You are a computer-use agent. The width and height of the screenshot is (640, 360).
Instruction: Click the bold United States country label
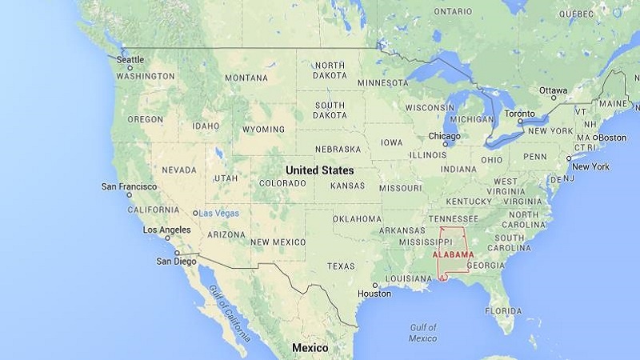pos(319,170)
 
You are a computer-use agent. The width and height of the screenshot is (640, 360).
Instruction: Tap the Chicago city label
pos(444,136)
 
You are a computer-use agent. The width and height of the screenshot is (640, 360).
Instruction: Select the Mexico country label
pos(310,348)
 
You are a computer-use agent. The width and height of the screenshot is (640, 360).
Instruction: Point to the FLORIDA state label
pos(503,310)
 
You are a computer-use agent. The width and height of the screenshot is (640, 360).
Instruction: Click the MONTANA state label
pos(246,78)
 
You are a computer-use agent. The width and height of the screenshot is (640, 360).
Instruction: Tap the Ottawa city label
pos(554,90)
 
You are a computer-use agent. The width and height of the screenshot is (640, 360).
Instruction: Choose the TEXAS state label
pos(341,266)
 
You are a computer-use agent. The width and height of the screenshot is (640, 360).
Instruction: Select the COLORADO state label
pos(282,183)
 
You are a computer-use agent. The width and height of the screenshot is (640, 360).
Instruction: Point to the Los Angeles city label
pos(166,230)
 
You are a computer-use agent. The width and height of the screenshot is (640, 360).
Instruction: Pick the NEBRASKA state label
pos(338,149)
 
